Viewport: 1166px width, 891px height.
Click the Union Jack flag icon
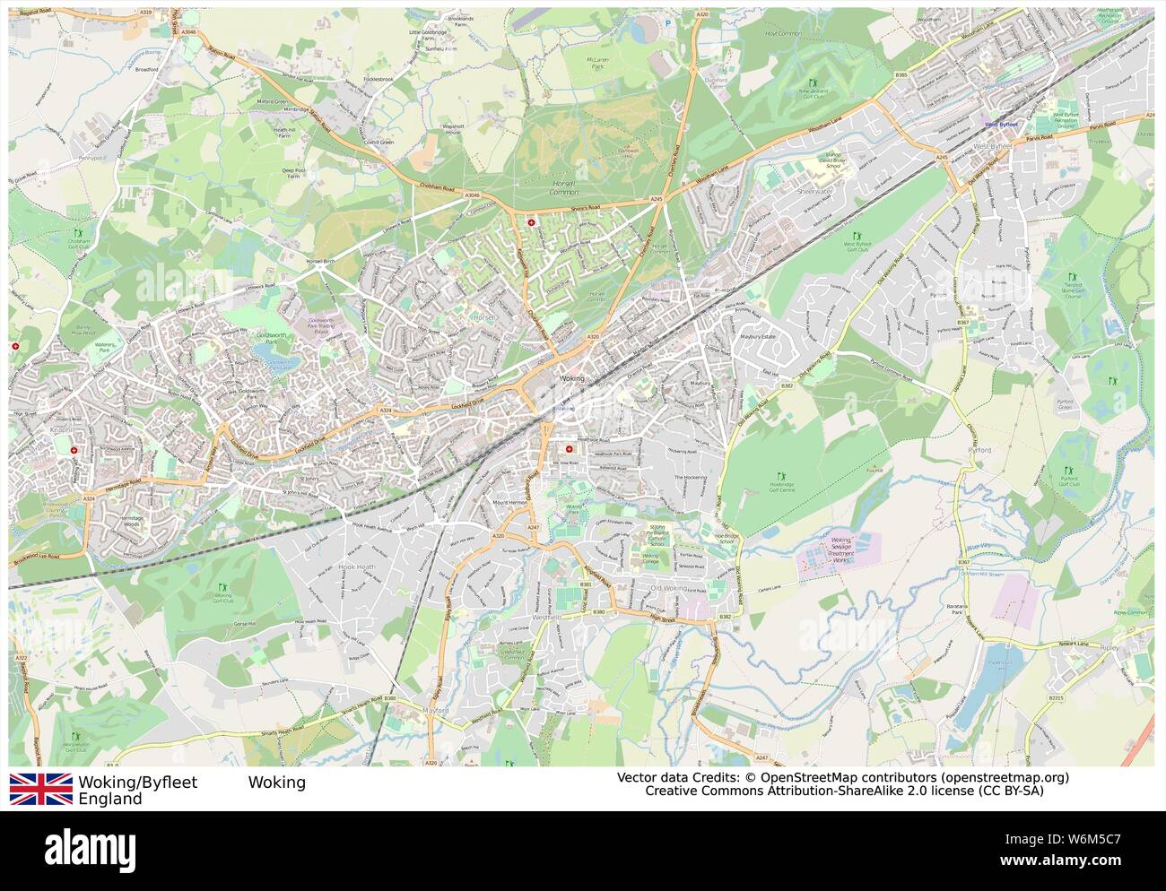pos(41,789)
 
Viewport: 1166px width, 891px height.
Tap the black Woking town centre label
pos(570,379)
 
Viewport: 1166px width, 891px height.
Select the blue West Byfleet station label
pos(1005,125)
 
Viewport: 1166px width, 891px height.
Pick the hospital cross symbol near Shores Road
pos(532,221)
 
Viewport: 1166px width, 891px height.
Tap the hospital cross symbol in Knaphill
pos(75,452)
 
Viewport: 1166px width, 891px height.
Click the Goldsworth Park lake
pos(280,357)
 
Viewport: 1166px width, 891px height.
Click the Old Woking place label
pos(667,588)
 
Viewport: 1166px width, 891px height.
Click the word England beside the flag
pos(110,799)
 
